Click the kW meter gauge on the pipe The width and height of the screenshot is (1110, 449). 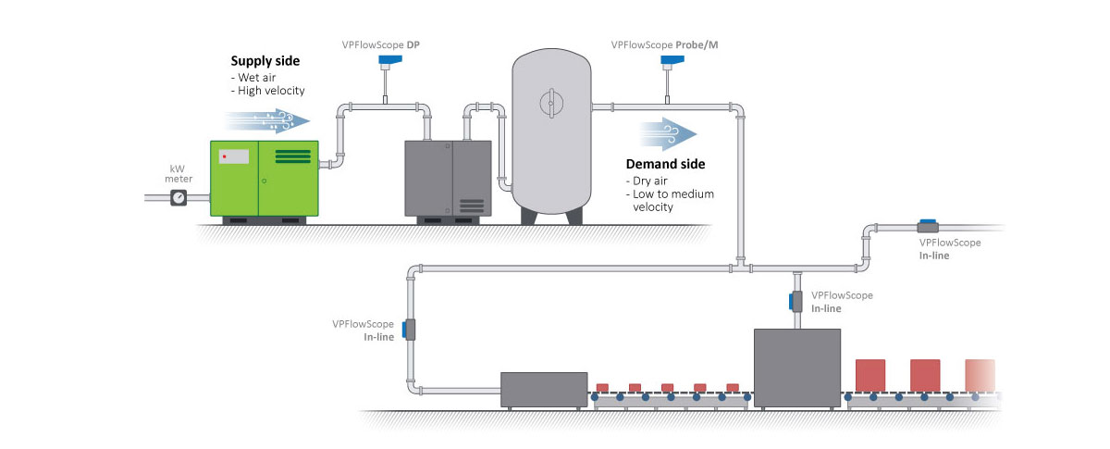(179, 197)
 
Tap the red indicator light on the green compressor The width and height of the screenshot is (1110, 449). (224, 156)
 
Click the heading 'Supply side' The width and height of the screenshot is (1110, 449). (265, 61)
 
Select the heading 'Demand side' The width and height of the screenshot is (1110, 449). (665, 164)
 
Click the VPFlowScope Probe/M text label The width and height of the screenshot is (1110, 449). (664, 44)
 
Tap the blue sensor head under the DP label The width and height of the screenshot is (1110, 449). (383, 63)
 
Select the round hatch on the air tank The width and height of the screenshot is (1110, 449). (552, 99)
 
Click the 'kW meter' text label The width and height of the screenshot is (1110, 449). (179, 172)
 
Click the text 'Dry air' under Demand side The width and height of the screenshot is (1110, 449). (653, 181)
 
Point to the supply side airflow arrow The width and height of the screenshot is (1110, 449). (264, 119)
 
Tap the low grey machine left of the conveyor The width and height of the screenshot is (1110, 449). (544, 389)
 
